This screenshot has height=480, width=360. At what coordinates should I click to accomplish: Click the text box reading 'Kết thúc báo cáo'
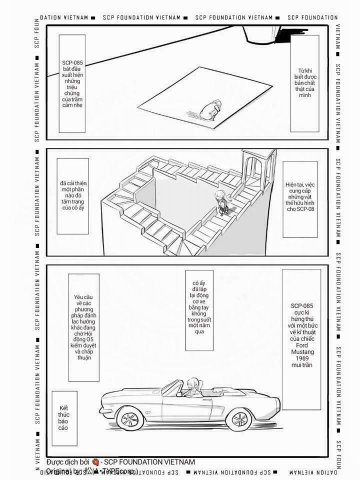[63, 418]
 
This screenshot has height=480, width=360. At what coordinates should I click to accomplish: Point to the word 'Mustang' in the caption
[301, 352]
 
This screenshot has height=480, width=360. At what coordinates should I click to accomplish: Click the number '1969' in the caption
[301, 359]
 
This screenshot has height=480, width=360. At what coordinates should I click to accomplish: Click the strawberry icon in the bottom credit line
[95, 462]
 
